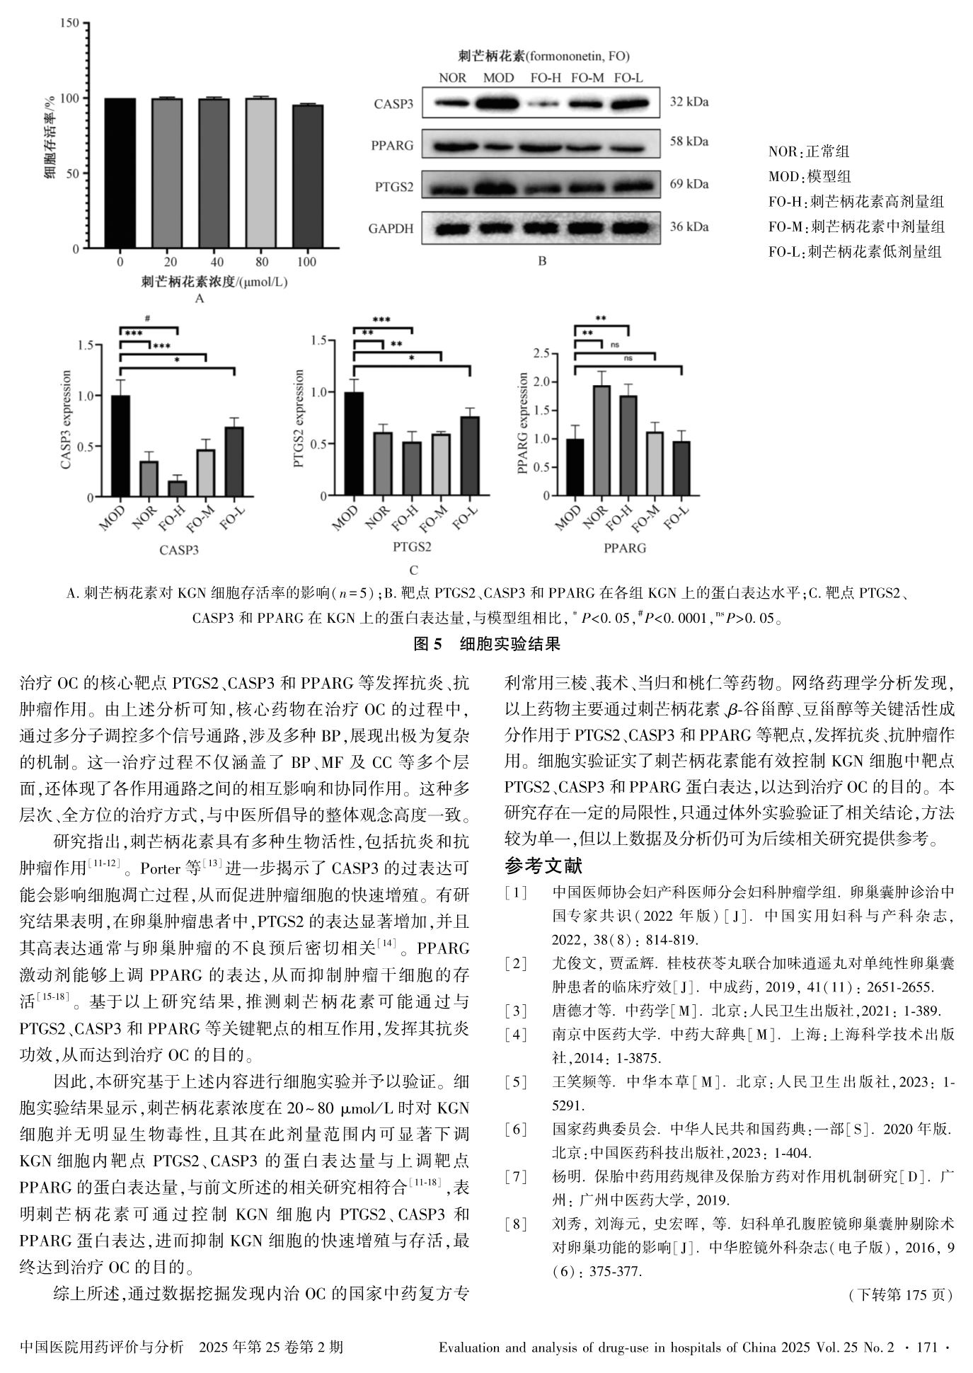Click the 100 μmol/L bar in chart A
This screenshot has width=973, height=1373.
click(308, 176)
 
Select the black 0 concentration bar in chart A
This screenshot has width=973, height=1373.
click(120, 173)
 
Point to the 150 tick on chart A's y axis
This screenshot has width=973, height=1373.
click(70, 23)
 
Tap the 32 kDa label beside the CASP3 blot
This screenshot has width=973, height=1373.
click(689, 102)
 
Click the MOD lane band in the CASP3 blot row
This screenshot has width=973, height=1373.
click(498, 104)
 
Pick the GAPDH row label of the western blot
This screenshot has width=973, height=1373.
click(391, 229)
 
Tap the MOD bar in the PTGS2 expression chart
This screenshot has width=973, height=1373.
click(353, 444)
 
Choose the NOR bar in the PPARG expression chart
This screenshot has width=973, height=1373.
click(601, 440)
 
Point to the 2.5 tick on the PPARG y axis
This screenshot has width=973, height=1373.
click(541, 353)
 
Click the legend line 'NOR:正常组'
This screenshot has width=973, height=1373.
click(809, 151)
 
